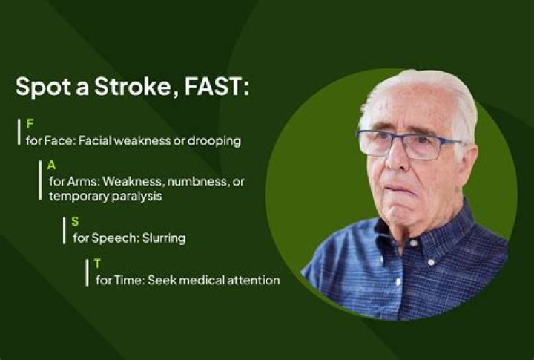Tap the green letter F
(30, 124)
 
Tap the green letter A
(51, 165)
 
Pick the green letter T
(98, 264)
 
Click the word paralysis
(136, 197)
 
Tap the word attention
(252, 281)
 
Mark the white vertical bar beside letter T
(87, 272)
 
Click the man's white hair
(430, 89)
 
